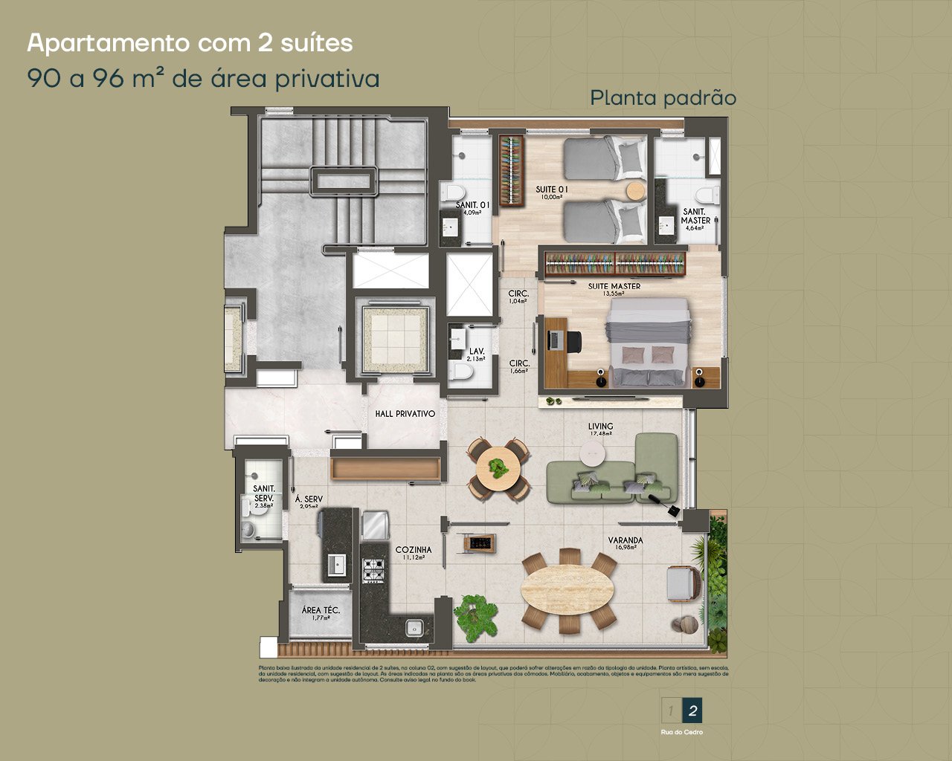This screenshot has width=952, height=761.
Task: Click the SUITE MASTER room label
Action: click(614, 286)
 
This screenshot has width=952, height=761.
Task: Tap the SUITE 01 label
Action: click(552, 190)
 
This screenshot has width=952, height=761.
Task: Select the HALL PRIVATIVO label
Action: click(405, 414)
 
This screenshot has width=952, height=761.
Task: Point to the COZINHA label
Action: click(411, 551)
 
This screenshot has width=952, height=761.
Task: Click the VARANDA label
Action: click(625, 541)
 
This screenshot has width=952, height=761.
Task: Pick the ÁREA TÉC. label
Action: click(321, 611)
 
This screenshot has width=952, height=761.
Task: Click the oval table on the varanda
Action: click(567, 592)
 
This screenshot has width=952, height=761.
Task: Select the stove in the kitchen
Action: click(373, 570)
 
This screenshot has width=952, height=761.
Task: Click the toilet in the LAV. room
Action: click(463, 377)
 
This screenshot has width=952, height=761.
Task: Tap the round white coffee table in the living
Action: click(593, 454)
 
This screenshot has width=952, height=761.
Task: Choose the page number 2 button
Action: click(692, 711)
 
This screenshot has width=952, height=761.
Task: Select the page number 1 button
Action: click(671, 711)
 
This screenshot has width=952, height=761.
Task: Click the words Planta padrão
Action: click(663, 98)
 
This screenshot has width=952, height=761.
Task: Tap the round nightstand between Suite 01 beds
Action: click(634, 191)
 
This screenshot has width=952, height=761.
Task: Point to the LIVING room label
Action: click(600, 427)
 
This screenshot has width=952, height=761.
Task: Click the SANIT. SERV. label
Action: click(263, 493)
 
